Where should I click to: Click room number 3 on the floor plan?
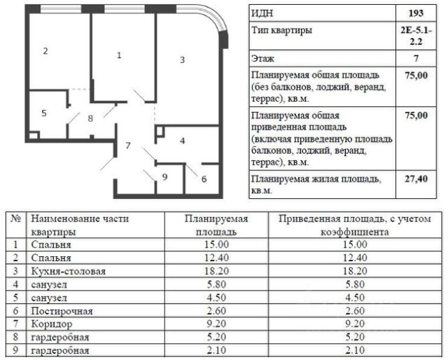coord(182,60)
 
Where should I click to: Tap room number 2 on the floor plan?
coord(45,51)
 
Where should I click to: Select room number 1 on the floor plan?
coord(119,55)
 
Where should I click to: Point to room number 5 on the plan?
coord(43,113)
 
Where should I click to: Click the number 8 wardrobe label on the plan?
coord(90,118)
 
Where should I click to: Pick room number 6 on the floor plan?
coord(204,179)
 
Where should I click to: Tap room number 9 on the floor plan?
coord(164,177)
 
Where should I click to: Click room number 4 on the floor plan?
coord(182,141)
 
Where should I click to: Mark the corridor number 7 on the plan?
coord(128,146)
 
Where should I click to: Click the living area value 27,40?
coord(415,179)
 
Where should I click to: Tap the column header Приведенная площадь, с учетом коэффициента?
coord(354,226)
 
